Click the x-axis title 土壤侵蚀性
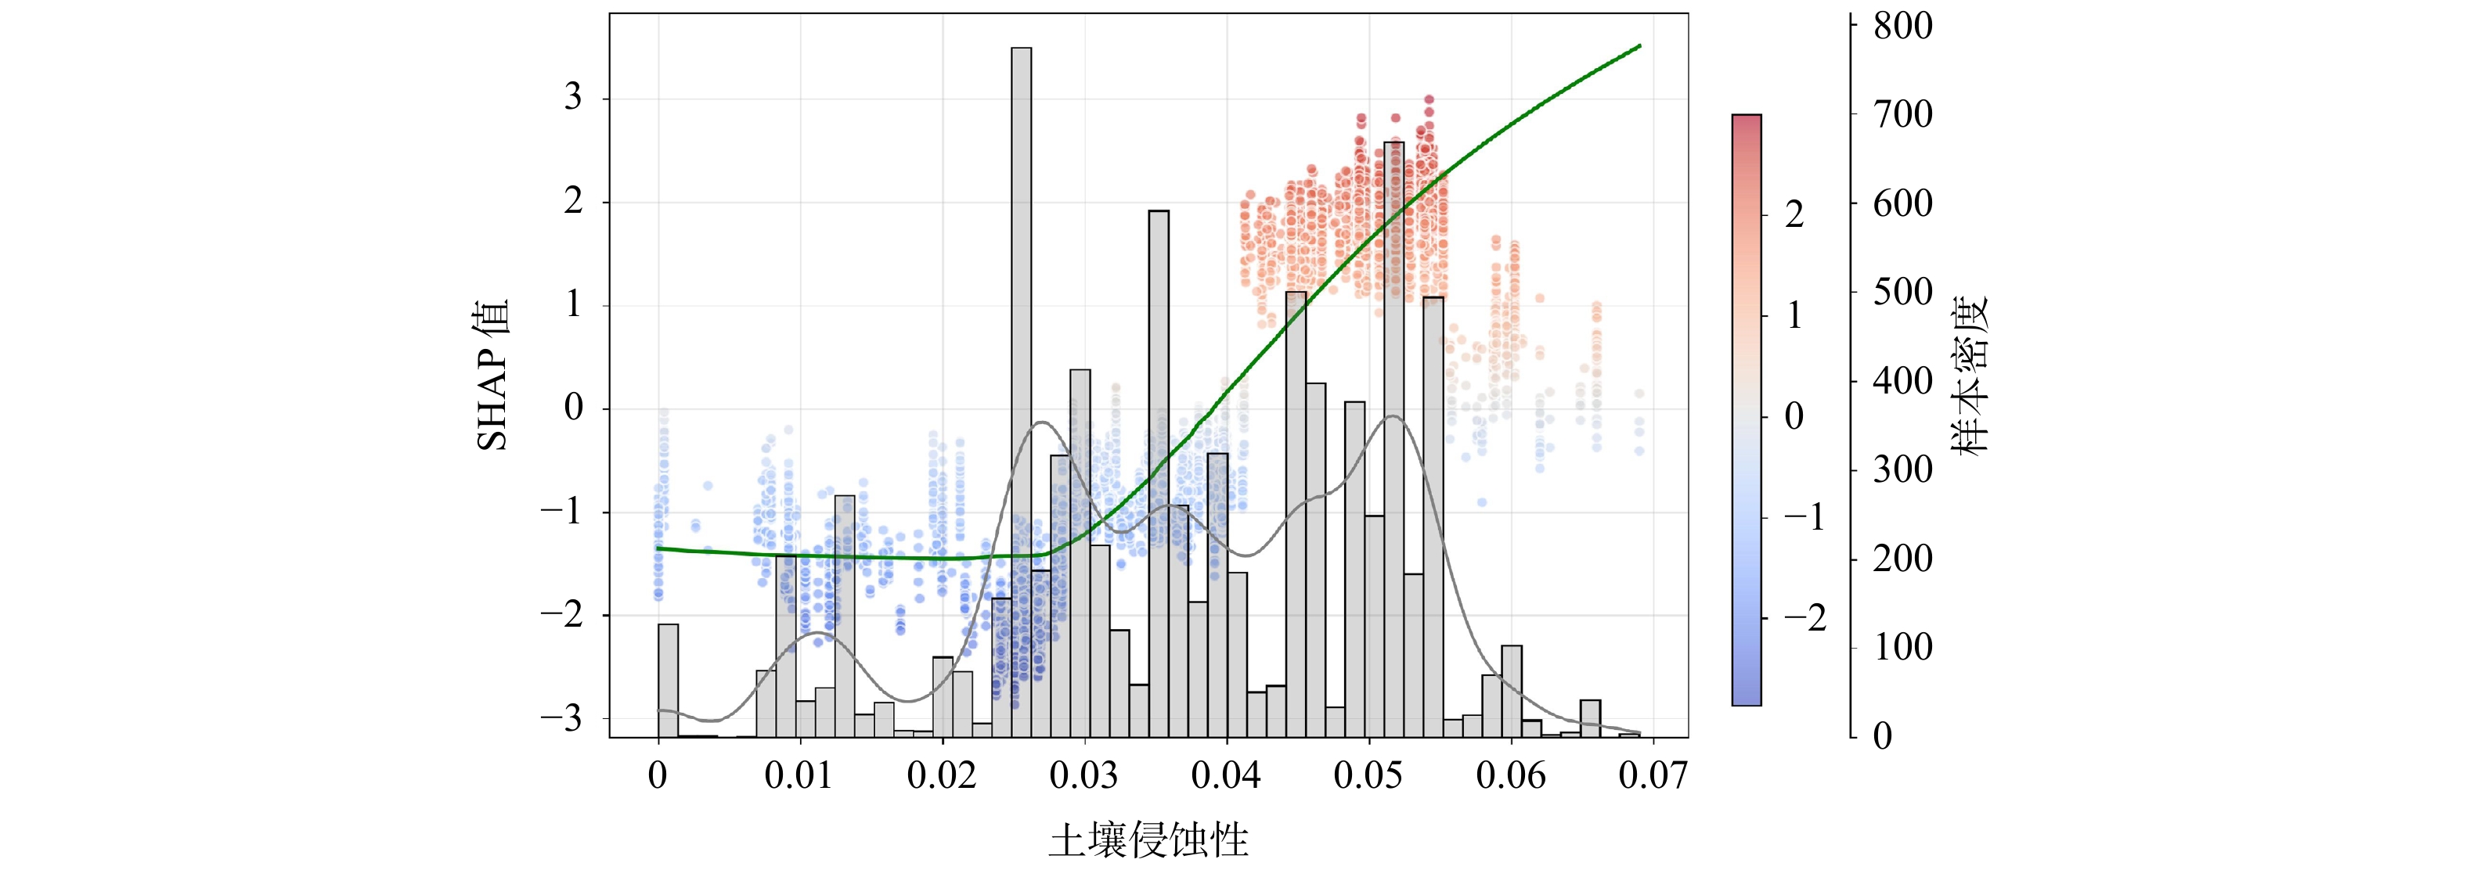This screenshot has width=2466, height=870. click(1148, 841)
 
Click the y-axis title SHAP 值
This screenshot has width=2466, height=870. click(494, 376)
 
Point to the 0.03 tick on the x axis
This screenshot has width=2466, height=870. click(1083, 775)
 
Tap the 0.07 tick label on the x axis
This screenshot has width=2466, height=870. click(1653, 775)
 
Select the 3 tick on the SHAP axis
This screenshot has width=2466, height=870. click(572, 98)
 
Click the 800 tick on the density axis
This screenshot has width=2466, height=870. click(1902, 26)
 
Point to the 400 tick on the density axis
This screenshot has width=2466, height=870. click(1902, 381)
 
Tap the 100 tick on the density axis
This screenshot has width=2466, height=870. click(1902, 648)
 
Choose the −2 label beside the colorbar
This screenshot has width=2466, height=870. click(1805, 617)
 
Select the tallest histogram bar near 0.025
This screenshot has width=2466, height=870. click(1022, 383)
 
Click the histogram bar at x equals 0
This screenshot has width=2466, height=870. click(669, 680)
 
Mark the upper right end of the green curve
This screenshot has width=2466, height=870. click(1639, 46)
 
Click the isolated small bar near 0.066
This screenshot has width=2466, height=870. click(1590, 717)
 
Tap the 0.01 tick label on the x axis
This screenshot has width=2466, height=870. click(799, 775)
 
